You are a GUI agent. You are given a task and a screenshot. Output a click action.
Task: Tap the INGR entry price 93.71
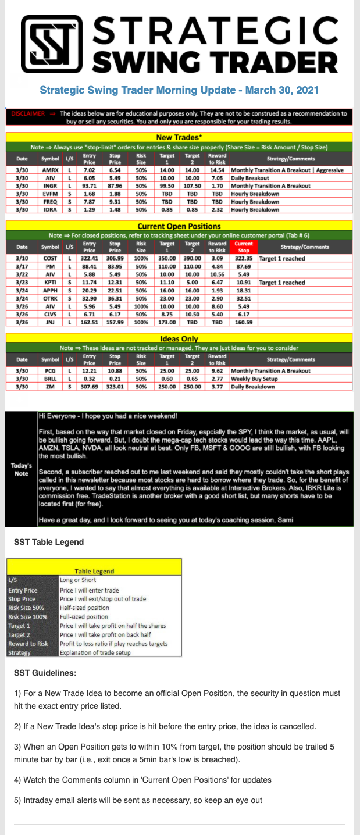(x=89, y=185)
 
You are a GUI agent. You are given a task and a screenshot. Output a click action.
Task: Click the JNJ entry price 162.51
(x=89, y=322)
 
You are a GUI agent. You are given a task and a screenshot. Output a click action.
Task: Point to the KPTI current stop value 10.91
(x=244, y=283)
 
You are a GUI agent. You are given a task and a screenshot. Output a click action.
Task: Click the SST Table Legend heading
(x=48, y=542)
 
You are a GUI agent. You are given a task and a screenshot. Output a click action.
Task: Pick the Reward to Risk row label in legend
(x=29, y=644)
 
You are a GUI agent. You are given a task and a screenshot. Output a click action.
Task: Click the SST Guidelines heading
(x=45, y=673)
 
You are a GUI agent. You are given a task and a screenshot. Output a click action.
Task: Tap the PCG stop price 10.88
(x=115, y=370)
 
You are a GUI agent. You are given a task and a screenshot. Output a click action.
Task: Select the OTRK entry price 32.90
(x=89, y=298)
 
